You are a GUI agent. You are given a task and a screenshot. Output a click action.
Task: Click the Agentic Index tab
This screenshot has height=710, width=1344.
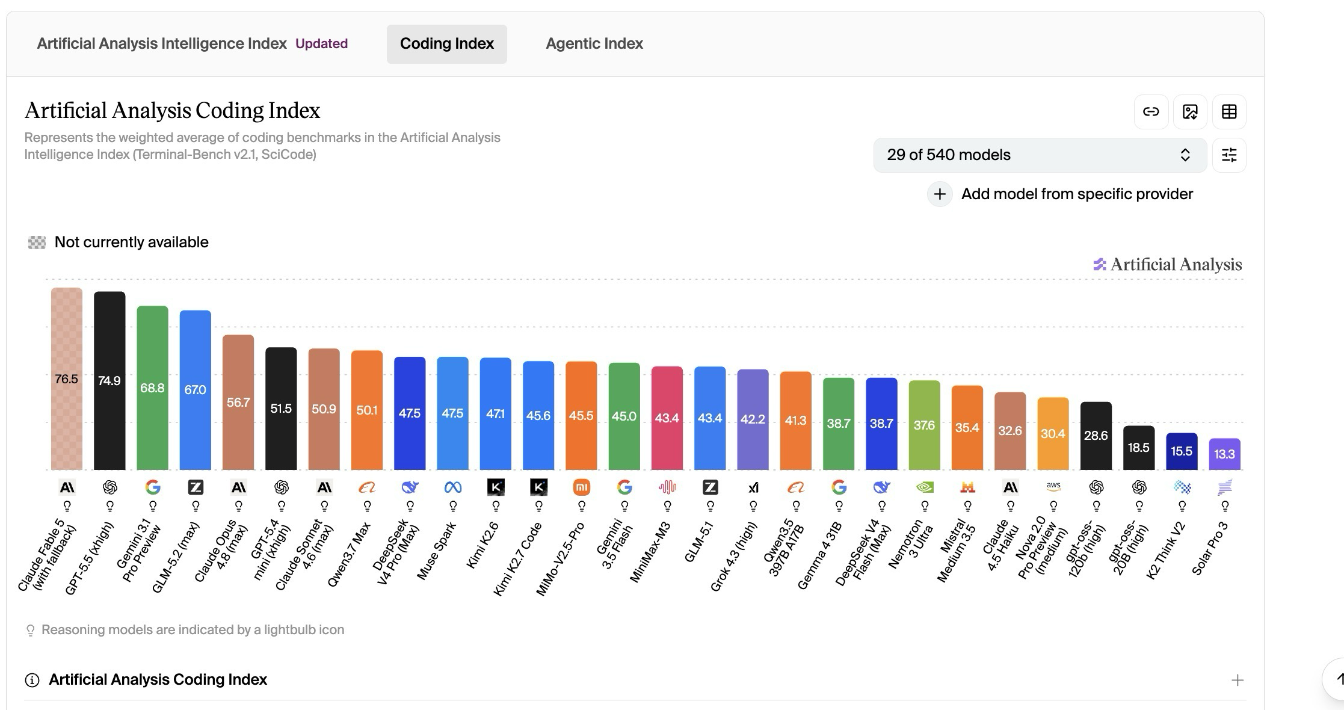click(x=594, y=44)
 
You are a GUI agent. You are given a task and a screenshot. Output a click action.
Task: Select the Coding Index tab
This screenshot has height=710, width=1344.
click(x=447, y=44)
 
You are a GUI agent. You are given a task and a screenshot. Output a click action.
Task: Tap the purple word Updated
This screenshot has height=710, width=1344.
click(x=321, y=44)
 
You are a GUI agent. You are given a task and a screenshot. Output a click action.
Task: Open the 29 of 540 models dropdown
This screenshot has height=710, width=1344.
click(x=1040, y=155)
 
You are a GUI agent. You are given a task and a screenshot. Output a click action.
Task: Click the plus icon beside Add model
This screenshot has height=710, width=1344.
click(x=940, y=194)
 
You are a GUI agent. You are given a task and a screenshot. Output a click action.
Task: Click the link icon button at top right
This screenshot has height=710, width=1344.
click(x=1151, y=112)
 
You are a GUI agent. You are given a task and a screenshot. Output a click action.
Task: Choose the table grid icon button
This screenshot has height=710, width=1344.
click(x=1229, y=112)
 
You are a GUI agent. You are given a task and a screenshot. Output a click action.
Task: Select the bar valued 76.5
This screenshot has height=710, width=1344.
click(x=67, y=378)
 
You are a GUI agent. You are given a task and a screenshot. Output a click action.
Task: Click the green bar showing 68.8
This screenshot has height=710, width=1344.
click(x=152, y=387)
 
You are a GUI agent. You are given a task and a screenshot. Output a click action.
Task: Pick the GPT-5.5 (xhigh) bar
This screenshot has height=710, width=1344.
click(x=109, y=380)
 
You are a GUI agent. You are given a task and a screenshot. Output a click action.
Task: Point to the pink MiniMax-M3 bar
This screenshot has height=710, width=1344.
click(x=667, y=418)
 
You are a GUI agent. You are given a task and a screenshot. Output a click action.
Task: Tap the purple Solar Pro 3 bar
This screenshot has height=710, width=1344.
click(x=1225, y=454)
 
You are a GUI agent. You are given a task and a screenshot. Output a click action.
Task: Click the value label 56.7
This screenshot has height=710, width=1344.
click(x=238, y=403)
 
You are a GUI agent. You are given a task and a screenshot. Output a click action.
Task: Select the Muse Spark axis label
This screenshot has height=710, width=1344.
click(x=437, y=550)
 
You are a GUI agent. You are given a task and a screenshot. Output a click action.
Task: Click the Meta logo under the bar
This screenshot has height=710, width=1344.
click(x=453, y=487)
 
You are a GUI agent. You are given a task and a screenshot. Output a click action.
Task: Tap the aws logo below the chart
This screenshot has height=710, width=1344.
click(x=1053, y=487)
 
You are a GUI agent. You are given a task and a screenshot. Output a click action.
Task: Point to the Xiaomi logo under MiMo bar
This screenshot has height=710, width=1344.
click(x=582, y=487)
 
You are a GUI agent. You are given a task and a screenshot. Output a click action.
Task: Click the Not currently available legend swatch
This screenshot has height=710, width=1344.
click(x=37, y=242)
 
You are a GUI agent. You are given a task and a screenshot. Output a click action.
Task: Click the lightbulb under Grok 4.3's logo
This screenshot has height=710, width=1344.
click(x=753, y=506)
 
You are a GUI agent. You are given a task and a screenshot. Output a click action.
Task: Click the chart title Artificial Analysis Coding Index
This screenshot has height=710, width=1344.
click(x=172, y=111)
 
